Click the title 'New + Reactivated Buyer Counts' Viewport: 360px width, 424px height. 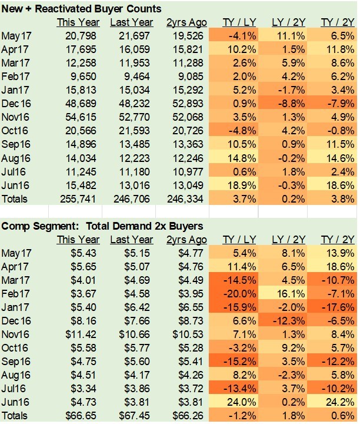point(82,9)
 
